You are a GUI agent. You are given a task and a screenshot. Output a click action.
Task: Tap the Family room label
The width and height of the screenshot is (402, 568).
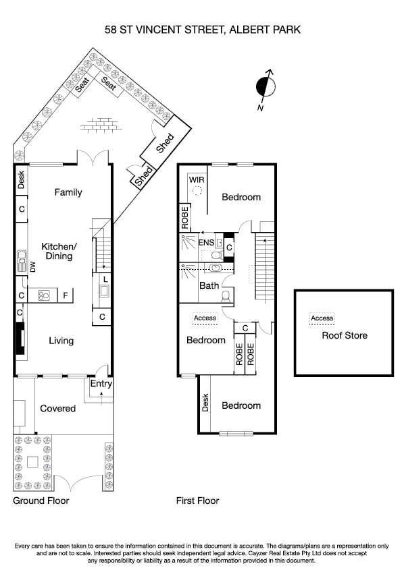pyautogui.click(x=68, y=193)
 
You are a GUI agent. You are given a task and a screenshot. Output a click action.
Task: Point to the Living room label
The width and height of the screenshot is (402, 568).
pyautogui.click(x=61, y=341)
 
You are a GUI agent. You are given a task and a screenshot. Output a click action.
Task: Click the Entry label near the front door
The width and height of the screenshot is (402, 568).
pyautogui.click(x=101, y=384)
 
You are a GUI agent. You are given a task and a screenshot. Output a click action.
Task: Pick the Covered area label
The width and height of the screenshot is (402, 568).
pyautogui.click(x=57, y=409)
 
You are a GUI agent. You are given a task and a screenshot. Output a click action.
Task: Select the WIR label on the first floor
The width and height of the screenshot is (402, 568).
pyautogui.click(x=197, y=180)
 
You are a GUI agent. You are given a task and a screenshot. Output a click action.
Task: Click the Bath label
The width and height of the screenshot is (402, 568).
pyautogui.click(x=209, y=286)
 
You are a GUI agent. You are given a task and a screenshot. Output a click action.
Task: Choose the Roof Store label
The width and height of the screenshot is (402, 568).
pyautogui.click(x=345, y=335)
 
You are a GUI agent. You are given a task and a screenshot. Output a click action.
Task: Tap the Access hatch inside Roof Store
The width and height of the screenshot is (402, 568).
pyautogui.click(x=322, y=318)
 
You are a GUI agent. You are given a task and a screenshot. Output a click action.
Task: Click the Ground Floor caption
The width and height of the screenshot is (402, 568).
pyautogui.click(x=41, y=501)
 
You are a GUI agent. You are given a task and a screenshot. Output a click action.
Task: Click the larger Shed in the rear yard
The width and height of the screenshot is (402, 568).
pyautogui.click(x=165, y=143)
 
